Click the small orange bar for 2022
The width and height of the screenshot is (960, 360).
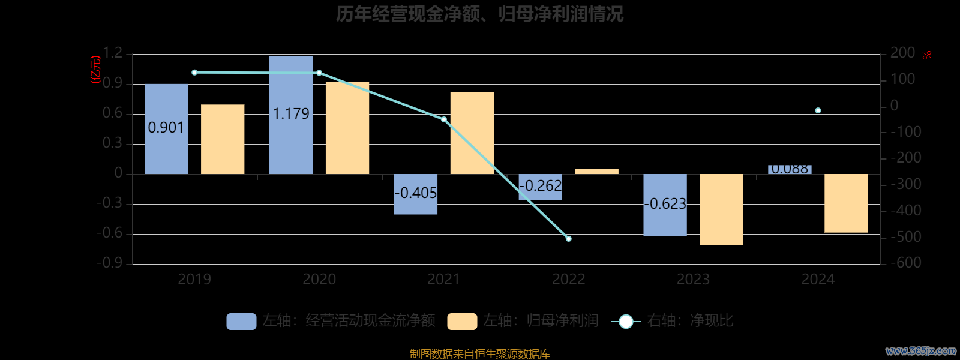point(596,172)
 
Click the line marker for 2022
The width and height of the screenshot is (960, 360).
point(569,239)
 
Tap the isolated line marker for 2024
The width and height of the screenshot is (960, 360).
point(818,110)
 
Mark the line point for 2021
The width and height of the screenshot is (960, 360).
point(444,119)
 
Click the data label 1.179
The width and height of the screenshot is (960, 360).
point(291,113)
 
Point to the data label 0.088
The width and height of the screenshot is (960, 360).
point(790,169)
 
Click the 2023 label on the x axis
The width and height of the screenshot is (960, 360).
point(693,279)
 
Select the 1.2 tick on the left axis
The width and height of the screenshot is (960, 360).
point(112,53)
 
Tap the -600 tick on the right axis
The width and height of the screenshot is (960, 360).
point(905,263)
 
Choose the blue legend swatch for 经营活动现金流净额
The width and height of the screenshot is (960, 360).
point(241,321)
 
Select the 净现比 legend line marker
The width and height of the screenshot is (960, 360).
point(626,322)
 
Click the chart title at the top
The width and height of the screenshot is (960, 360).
point(479,14)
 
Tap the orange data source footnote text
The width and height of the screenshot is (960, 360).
point(479,353)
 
